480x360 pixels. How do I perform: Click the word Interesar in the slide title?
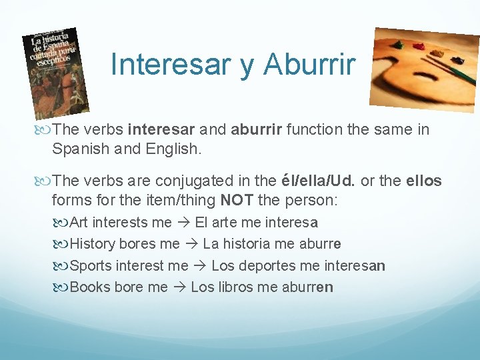point(170,64)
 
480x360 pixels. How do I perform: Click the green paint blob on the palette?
point(398,46)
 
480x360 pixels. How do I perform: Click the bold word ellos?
point(423,181)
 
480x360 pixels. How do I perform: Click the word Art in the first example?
point(80,222)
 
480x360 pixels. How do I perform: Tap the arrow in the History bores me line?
point(191,244)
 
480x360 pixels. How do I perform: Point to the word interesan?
point(354,266)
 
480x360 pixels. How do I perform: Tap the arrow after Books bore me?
point(179,287)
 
